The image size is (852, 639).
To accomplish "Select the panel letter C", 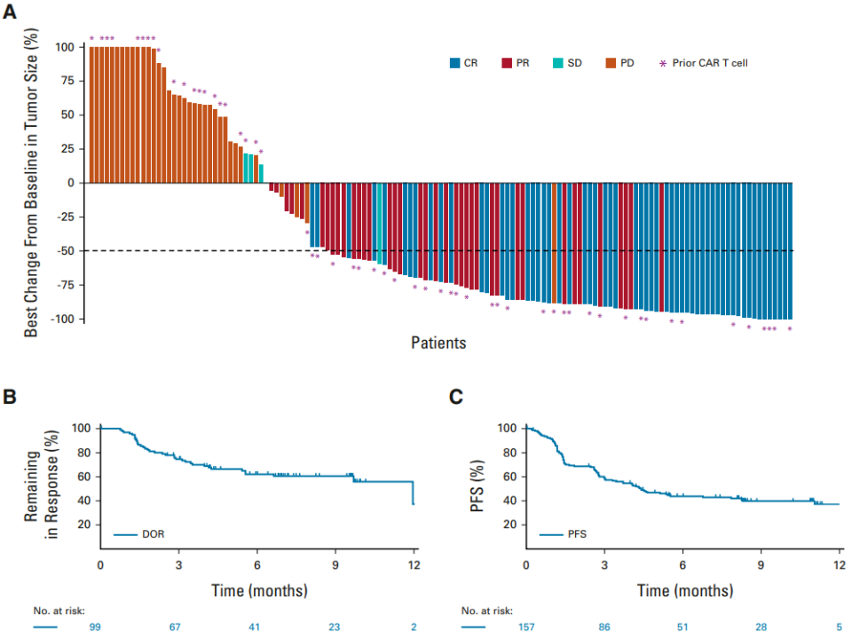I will pos(456,397).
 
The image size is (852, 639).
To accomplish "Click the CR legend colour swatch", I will pos(455,63).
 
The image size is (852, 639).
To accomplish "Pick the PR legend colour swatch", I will pos(507,63).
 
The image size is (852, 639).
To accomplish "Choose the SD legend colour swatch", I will pos(557,63).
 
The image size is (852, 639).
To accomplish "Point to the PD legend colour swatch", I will pos(611,63).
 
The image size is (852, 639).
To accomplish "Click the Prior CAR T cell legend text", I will pos(710,63).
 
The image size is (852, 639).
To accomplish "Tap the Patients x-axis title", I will pos(438,343).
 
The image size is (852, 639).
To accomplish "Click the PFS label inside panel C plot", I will pos(578,535).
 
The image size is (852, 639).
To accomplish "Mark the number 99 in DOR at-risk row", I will pos(95,627).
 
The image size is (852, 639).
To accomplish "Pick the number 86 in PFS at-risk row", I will pos(604,627).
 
